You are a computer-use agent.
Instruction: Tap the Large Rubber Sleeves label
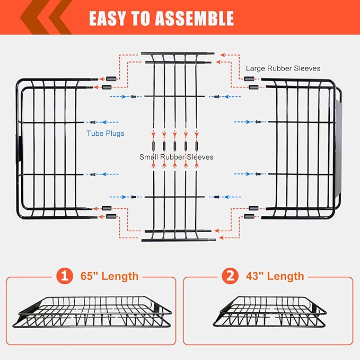(x=283, y=68)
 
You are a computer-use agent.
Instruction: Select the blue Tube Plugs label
(x=106, y=134)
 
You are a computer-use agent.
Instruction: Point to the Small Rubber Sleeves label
(x=176, y=157)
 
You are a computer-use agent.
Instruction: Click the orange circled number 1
(x=64, y=276)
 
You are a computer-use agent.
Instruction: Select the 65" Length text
(x=110, y=276)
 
